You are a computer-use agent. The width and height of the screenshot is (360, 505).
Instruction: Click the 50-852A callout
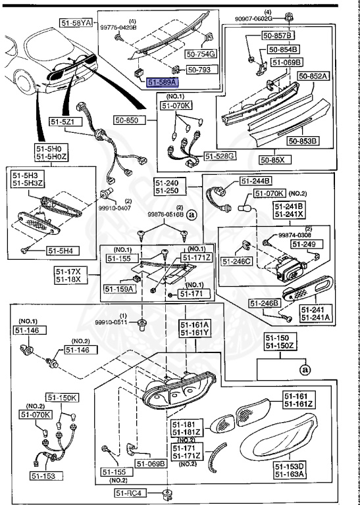(313, 76)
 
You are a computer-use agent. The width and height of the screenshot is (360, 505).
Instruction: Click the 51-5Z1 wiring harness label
(64, 122)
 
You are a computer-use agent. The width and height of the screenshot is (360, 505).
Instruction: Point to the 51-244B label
(255, 181)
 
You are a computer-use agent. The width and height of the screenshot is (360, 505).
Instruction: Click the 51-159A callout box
(118, 288)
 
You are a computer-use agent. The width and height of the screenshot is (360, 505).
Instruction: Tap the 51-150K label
(62, 398)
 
